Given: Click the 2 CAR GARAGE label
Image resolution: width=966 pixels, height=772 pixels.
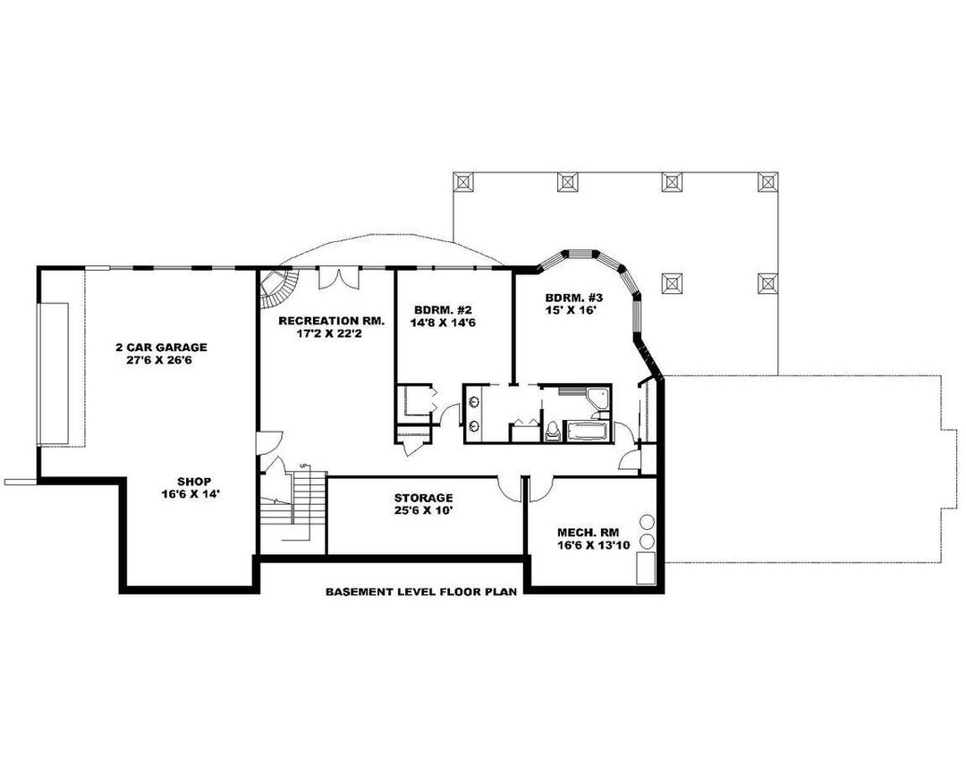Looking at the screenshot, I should [x=161, y=347].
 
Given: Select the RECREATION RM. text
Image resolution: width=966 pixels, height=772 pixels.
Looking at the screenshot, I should [x=331, y=320].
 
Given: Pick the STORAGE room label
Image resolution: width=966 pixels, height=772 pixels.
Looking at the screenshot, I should [x=424, y=498].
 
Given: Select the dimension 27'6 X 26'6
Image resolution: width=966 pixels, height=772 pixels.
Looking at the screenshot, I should [x=161, y=361].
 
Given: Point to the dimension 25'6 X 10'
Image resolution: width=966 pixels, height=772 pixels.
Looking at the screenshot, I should [x=424, y=512].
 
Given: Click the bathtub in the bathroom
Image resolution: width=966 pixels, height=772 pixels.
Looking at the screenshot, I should [x=588, y=432].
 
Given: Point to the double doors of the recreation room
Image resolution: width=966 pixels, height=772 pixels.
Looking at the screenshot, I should [x=340, y=277].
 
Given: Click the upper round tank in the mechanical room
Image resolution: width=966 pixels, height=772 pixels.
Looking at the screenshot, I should [x=647, y=521].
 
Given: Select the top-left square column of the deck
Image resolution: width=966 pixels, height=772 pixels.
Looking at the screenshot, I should [x=464, y=181].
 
